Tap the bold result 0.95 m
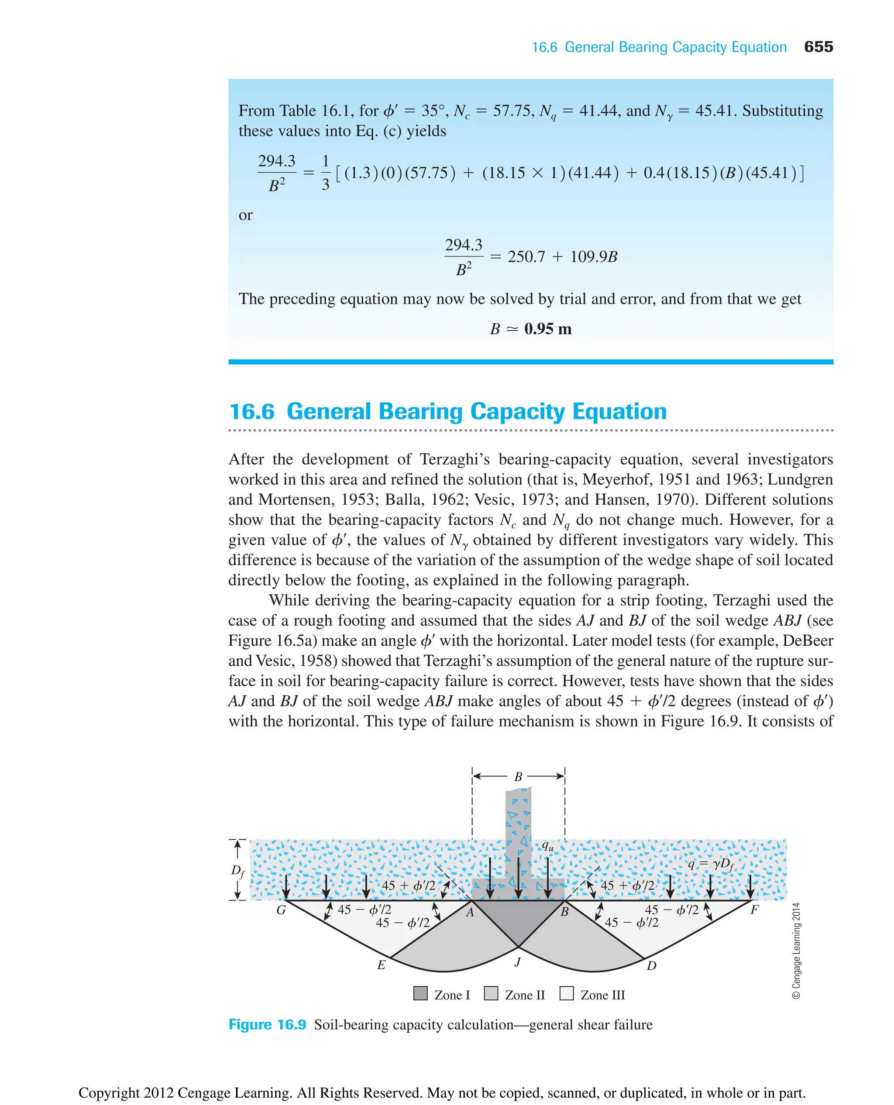click(547, 329)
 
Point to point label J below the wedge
click(518, 961)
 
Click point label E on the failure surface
click(381, 965)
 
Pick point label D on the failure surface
click(651, 965)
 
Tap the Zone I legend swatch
click(421, 993)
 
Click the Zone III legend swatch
click(567, 993)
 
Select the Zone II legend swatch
click(491, 993)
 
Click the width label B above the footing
click(518, 777)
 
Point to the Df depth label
click(237, 871)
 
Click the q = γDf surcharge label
click(711, 864)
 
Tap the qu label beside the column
click(547, 845)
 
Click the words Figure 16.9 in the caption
click(267, 1025)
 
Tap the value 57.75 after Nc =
click(512, 111)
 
